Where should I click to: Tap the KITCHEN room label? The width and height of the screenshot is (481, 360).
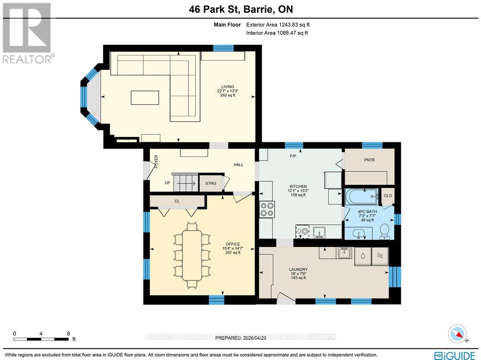pyautogui.click(x=298, y=186)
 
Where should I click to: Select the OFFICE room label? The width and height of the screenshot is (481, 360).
pyautogui.click(x=232, y=244)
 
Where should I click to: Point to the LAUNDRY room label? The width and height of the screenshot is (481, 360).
pyautogui.click(x=298, y=269)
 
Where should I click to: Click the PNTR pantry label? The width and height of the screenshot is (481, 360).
pyautogui.click(x=369, y=160)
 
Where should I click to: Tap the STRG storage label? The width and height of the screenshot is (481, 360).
pyautogui.click(x=210, y=183)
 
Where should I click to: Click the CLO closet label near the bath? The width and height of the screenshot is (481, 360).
pyautogui.click(x=388, y=196)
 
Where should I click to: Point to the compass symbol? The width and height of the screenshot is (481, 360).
pyautogui.click(x=457, y=334)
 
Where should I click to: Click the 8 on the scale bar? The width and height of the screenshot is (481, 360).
pyautogui.click(x=69, y=333)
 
